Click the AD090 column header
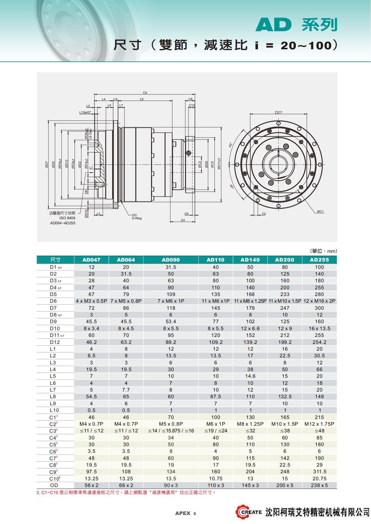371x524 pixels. (x=170, y=260)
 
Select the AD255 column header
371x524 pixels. (x=319, y=260)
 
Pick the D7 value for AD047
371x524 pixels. (x=91, y=308)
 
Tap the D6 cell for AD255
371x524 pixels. (x=319, y=301)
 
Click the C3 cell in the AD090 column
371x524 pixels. (x=170, y=431)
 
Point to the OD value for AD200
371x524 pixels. (x=285, y=485)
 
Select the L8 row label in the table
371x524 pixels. (x=53, y=397)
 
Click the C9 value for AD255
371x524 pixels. (x=319, y=472)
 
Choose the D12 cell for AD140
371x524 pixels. (x=250, y=342)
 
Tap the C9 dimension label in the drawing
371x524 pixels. (x=145, y=93)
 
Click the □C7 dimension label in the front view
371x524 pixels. (x=278, y=112)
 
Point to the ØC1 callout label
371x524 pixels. (x=320, y=211)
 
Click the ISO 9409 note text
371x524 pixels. (x=67, y=218)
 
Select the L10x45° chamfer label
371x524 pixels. (x=85, y=112)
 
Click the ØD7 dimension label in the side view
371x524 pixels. (x=47, y=164)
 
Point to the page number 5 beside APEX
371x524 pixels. (x=195, y=514)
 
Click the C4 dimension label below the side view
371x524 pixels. (x=183, y=220)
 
